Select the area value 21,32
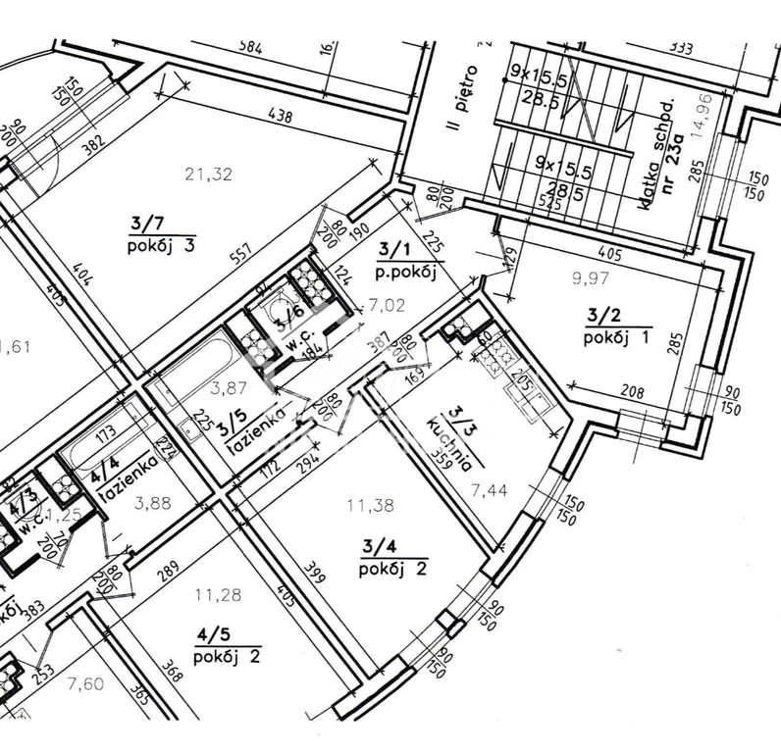(209, 176)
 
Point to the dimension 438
(281, 117)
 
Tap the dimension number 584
(253, 46)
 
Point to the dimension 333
(678, 46)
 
